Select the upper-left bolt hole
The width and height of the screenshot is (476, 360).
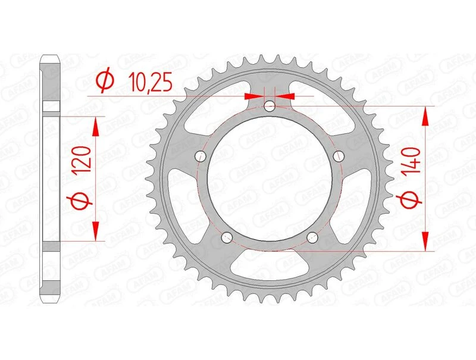[x=200, y=156]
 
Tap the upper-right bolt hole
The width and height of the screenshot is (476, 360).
[x=340, y=156]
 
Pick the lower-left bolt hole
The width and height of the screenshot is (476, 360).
[x=227, y=238]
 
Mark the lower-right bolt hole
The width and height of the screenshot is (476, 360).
[x=313, y=238]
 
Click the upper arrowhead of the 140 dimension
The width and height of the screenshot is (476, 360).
[x=425, y=116]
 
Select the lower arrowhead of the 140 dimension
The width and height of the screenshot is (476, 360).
[x=425, y=242]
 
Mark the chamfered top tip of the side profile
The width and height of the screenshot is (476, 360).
[x=51, y=60]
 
